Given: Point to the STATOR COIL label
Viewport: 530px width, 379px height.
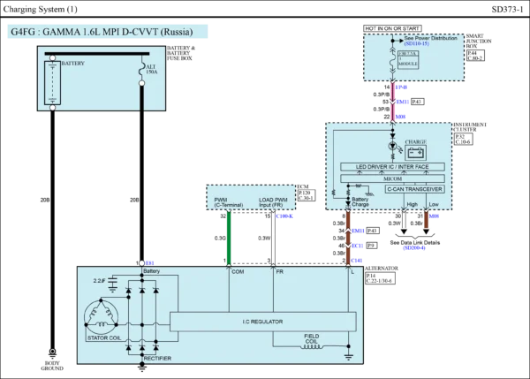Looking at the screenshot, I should [104, 337].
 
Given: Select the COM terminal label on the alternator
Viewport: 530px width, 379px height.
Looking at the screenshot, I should [238, 272].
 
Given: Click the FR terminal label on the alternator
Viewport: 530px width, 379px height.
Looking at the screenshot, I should [279, 272].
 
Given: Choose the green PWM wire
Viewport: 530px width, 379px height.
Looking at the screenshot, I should [230, 239].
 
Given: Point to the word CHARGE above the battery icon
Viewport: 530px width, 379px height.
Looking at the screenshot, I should [416, 141].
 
